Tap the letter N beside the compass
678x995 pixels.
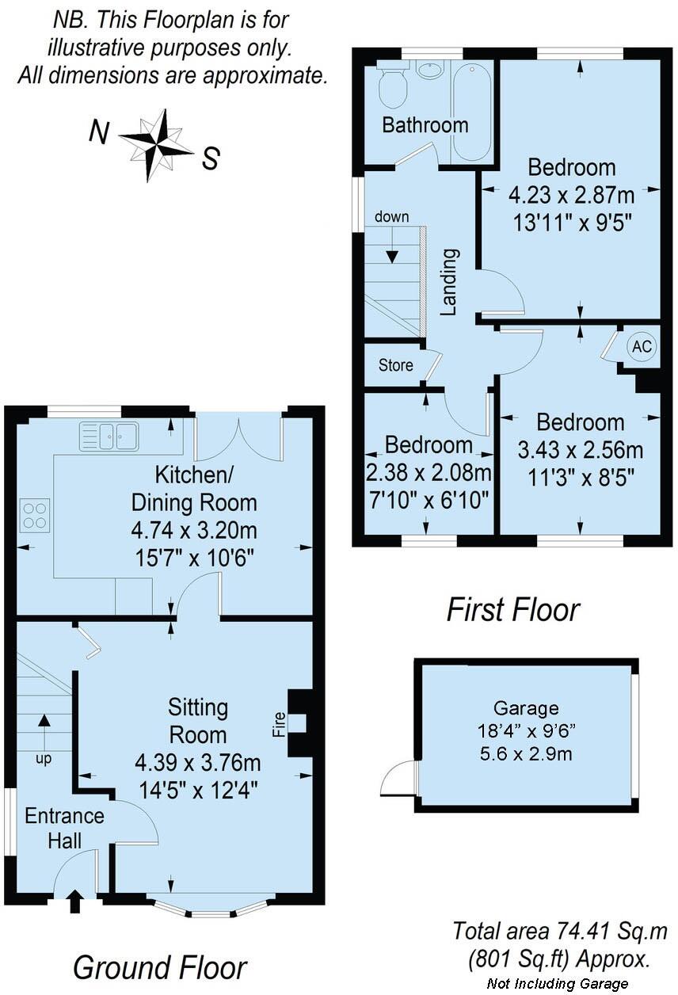(98, 132)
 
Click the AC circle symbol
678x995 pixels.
(642, 347)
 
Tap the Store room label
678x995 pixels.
(395, 365)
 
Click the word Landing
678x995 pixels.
(449, 282)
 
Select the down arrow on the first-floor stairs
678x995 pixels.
(391, 253)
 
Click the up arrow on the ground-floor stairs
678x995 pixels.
(44, 723)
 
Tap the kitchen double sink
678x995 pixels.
(109, 436)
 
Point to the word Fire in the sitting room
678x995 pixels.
(279, 725)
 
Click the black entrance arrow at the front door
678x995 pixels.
(75, 899)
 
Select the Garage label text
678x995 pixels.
(526, 708)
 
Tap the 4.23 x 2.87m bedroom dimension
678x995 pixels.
(571, 194)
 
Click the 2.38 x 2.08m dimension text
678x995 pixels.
(429, 474)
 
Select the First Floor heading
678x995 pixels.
(512, 610)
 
